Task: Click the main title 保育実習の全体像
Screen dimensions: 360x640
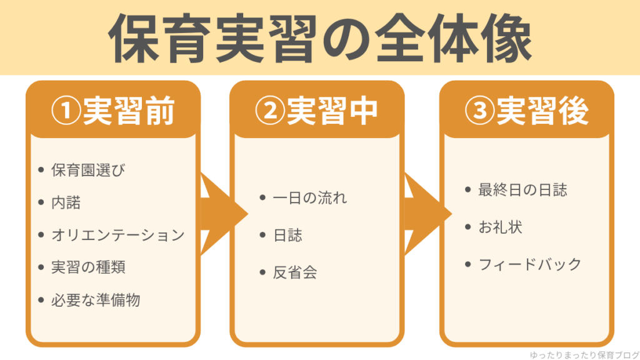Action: (320, 39)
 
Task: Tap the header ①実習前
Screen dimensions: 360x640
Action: (112, 111)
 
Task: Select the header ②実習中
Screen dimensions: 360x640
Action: (317, 111)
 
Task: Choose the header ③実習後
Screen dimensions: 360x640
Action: (527, 111)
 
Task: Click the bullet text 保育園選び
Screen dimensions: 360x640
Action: (88, 170)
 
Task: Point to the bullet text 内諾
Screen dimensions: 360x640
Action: (66, 202)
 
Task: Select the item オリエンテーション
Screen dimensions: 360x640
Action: (118, 235)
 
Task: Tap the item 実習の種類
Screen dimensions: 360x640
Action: (88, 267)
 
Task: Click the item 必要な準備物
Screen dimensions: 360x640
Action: (96, 300)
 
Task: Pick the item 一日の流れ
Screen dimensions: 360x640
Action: (309, 198)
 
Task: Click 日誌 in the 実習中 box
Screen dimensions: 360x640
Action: (287, 236)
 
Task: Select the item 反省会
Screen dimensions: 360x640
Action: (295, 272)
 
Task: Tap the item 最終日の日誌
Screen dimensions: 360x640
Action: (522, 190)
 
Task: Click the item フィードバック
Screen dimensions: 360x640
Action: (530, 264)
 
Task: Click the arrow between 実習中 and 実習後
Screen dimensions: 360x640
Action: (425, 214)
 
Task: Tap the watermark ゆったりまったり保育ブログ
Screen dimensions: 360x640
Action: (579, 352)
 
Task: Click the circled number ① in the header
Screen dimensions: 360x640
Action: (64, 111)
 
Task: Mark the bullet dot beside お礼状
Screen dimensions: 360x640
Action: (468, 226)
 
